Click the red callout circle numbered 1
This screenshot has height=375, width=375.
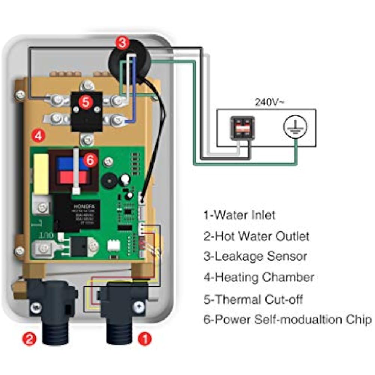(144, 339)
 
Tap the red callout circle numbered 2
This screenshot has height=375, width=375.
(30, 339)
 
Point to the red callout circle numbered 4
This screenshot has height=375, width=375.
(38, 136)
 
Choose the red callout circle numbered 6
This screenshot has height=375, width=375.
(91, 160)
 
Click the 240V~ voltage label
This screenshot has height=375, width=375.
(267, 102)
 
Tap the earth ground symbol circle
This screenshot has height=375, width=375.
(295, 128)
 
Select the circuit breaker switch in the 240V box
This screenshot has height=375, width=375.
(242, 128)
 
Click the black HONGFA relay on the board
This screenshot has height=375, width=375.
(76, 214)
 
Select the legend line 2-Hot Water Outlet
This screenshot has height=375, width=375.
(257, 236)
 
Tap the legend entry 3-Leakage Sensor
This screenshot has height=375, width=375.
(255, 257)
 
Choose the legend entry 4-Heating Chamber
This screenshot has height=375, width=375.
(259, 278)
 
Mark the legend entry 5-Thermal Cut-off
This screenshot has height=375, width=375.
(253, 299)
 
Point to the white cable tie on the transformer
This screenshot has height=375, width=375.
(76, 171)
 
